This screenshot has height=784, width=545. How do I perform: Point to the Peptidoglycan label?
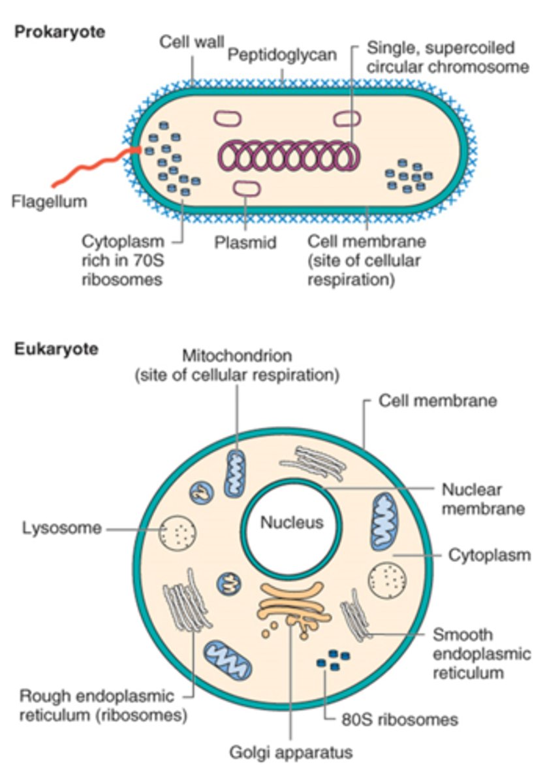click(x=282, y=56)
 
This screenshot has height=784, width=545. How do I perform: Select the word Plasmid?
click(x=245, y=242)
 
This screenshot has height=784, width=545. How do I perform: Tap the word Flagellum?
click(x=49, y=201)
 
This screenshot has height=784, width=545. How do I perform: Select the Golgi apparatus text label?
click(x=290, y=753)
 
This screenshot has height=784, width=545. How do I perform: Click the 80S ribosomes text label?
click(x=399, y=720)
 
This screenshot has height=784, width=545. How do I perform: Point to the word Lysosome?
click(x=61, y=528)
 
